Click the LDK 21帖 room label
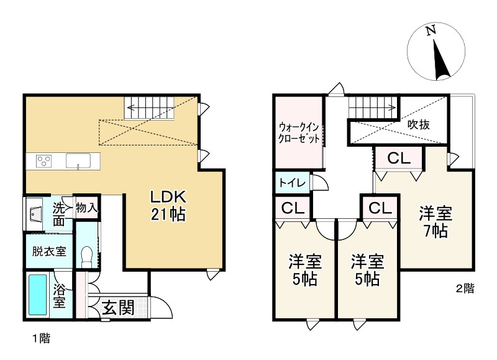click(167, 206)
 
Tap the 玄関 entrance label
click(118, 307)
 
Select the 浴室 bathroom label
click(60, 296)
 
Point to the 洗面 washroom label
click(58, 214)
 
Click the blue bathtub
click(39, 295)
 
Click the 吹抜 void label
click(419, 124)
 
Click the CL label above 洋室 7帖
click(398, 159)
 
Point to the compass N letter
click(431, 30)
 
